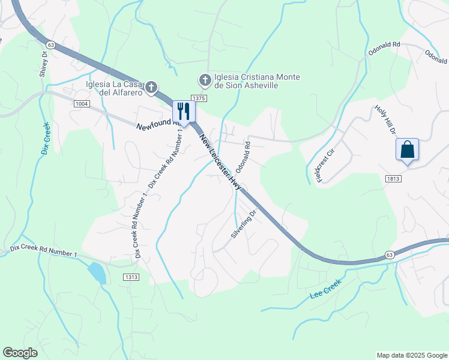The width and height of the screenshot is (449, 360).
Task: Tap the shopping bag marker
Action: tap(407, 150)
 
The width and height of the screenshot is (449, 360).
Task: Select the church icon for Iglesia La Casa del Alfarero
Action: tap(152, 88)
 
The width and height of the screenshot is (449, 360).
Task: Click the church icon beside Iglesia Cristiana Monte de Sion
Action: tap(205, 79)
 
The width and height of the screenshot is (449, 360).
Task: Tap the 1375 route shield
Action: tap(199, 98)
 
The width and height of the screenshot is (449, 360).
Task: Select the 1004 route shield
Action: tap(82, 104)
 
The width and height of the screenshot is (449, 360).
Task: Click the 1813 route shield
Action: tap(394, 178)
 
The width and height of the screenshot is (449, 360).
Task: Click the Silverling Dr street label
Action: tap(244, 224)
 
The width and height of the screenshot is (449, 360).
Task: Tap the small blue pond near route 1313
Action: tap(97, 272)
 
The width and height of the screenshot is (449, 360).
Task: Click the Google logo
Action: tap(20, 353)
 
